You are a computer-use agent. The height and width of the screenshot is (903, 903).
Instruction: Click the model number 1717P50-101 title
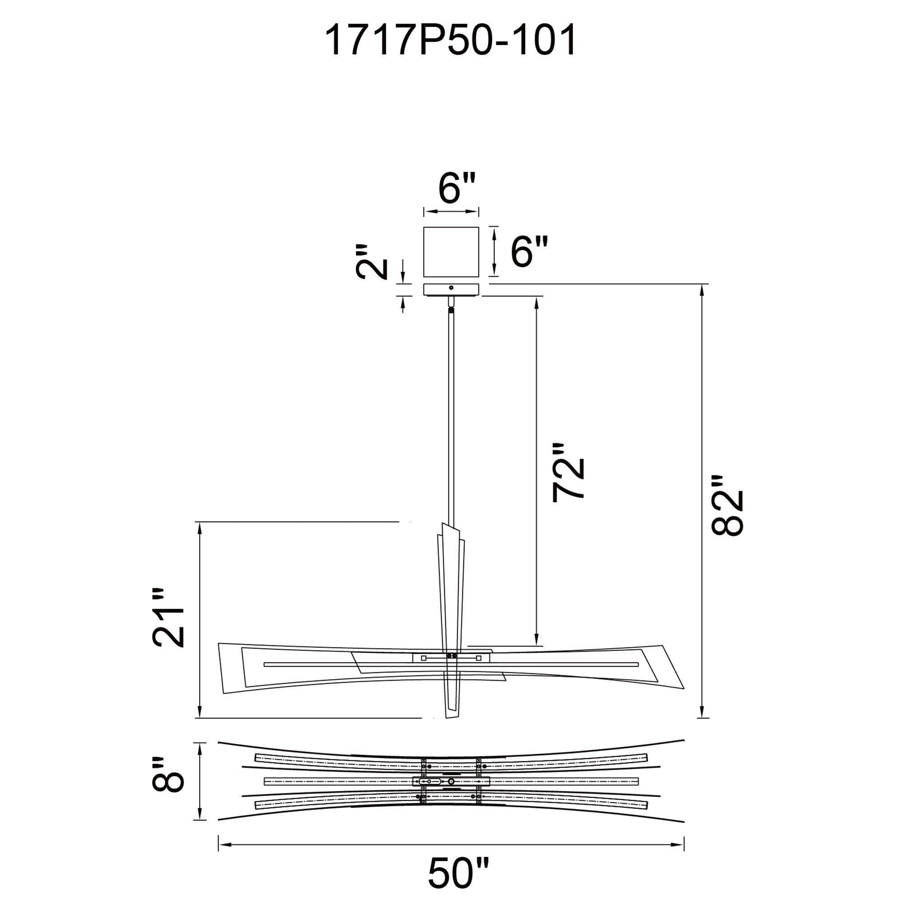(x=450, y=41)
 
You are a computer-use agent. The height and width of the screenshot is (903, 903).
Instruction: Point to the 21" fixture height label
(x=169, y=618)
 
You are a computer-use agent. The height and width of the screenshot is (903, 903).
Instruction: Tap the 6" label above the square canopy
(x=456, y=188)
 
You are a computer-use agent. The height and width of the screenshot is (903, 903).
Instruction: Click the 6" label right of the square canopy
(x=529, y=251)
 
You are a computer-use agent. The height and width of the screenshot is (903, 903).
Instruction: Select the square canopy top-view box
(x=451, y=252)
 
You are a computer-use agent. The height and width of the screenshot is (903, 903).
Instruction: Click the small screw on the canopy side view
(x=451, y=288)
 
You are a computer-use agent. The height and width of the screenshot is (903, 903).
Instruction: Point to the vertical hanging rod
(x=451, y=411)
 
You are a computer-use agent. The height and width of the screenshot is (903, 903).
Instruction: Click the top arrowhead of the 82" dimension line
(x=701, y=289)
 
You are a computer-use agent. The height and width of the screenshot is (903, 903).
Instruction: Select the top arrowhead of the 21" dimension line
(x=200, y=526)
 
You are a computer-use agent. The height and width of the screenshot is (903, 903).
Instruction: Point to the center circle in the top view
(x=451, y=782)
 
